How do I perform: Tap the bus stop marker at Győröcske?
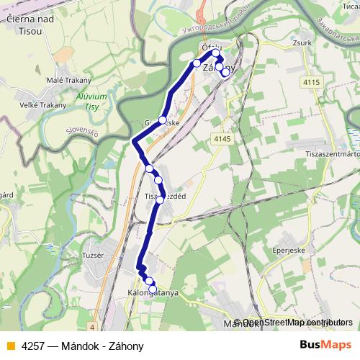click(x=163, y=120)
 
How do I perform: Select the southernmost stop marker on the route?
click(x=152, y=289)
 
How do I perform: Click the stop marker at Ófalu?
click(x=215, y=53)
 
